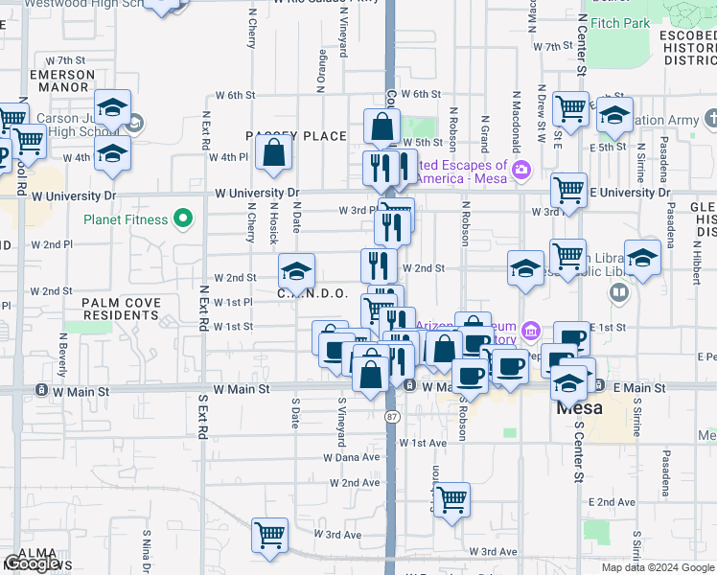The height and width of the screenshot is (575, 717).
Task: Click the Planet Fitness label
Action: pyautogui.click(x=126, y=219)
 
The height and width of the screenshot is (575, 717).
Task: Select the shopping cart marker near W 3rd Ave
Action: pyautogui.click(x=269, y=535)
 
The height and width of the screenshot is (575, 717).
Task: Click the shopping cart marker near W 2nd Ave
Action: pyautogui.click(x=451, y=498)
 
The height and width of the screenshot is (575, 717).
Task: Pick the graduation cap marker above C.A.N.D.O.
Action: pyautogui.click(x=296, y=270)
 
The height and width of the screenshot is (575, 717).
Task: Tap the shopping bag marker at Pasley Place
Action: pyautogui.click(x=274, y=152)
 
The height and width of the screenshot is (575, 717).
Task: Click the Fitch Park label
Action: pyautogui.click(x=620, y=23)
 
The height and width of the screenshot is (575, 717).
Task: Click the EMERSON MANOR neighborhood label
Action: pyautogui.click(x=62, y=80)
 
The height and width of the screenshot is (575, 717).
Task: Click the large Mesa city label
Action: pyautogui.click(x=580, y=407)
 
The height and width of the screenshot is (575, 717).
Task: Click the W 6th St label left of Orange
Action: pyautogui.click(x=235, y=95)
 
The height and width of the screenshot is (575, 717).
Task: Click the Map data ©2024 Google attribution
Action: pyautogui.click(x=657, y=567)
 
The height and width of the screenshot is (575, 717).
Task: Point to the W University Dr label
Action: pyautogui.click(x=257, y=194)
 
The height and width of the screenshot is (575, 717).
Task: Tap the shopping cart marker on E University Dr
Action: pyautogui.click(x=568, y=190)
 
